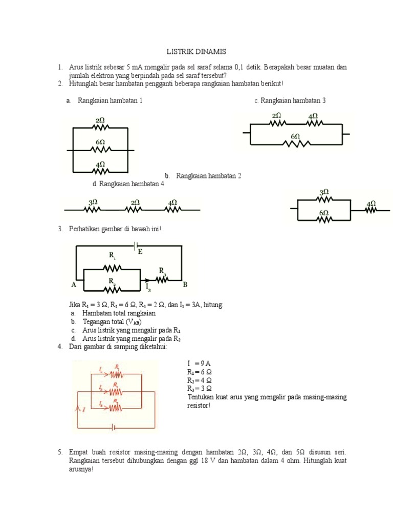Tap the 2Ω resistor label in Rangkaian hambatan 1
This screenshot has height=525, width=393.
pos(100,120)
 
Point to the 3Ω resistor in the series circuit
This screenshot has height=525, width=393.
pos(93,209)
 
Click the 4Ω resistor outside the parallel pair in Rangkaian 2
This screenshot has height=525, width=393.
pos(370,209)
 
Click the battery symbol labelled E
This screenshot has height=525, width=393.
pos(136,246)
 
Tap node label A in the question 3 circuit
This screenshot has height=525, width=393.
pos(74,284)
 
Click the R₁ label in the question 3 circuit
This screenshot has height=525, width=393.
pos(113,255)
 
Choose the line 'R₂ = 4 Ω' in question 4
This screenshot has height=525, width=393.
pos(199,380)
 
